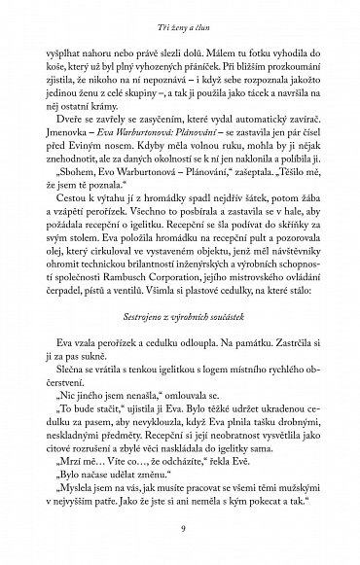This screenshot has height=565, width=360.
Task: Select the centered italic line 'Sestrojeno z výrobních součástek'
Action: [180, 318]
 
